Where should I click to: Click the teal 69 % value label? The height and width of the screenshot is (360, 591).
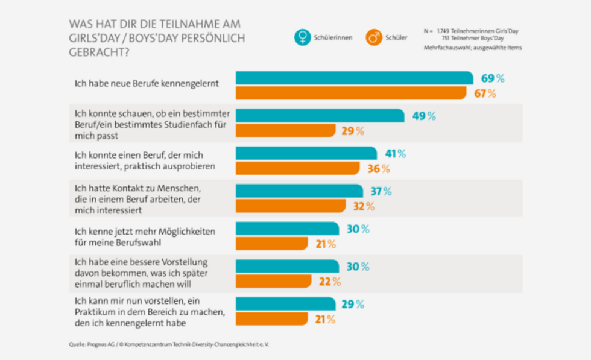492,78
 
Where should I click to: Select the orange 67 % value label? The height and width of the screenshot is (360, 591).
484,93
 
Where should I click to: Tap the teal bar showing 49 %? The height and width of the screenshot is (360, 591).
320,116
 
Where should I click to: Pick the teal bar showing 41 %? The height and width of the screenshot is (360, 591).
306,153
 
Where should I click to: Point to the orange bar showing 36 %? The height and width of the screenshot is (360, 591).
297,168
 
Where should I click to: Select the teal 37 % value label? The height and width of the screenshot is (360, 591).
381,191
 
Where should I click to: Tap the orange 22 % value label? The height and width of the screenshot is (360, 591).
329,282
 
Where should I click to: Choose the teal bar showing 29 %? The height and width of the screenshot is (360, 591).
285,304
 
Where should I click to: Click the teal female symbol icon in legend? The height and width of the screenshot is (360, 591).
302,37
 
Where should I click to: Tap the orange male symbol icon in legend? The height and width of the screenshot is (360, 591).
374,37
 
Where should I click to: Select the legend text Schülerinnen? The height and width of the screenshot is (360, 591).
333,38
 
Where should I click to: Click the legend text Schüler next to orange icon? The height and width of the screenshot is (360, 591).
396,38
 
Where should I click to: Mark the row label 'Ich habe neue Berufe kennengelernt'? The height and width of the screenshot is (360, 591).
146,84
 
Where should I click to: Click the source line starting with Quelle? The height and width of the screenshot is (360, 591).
169,345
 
